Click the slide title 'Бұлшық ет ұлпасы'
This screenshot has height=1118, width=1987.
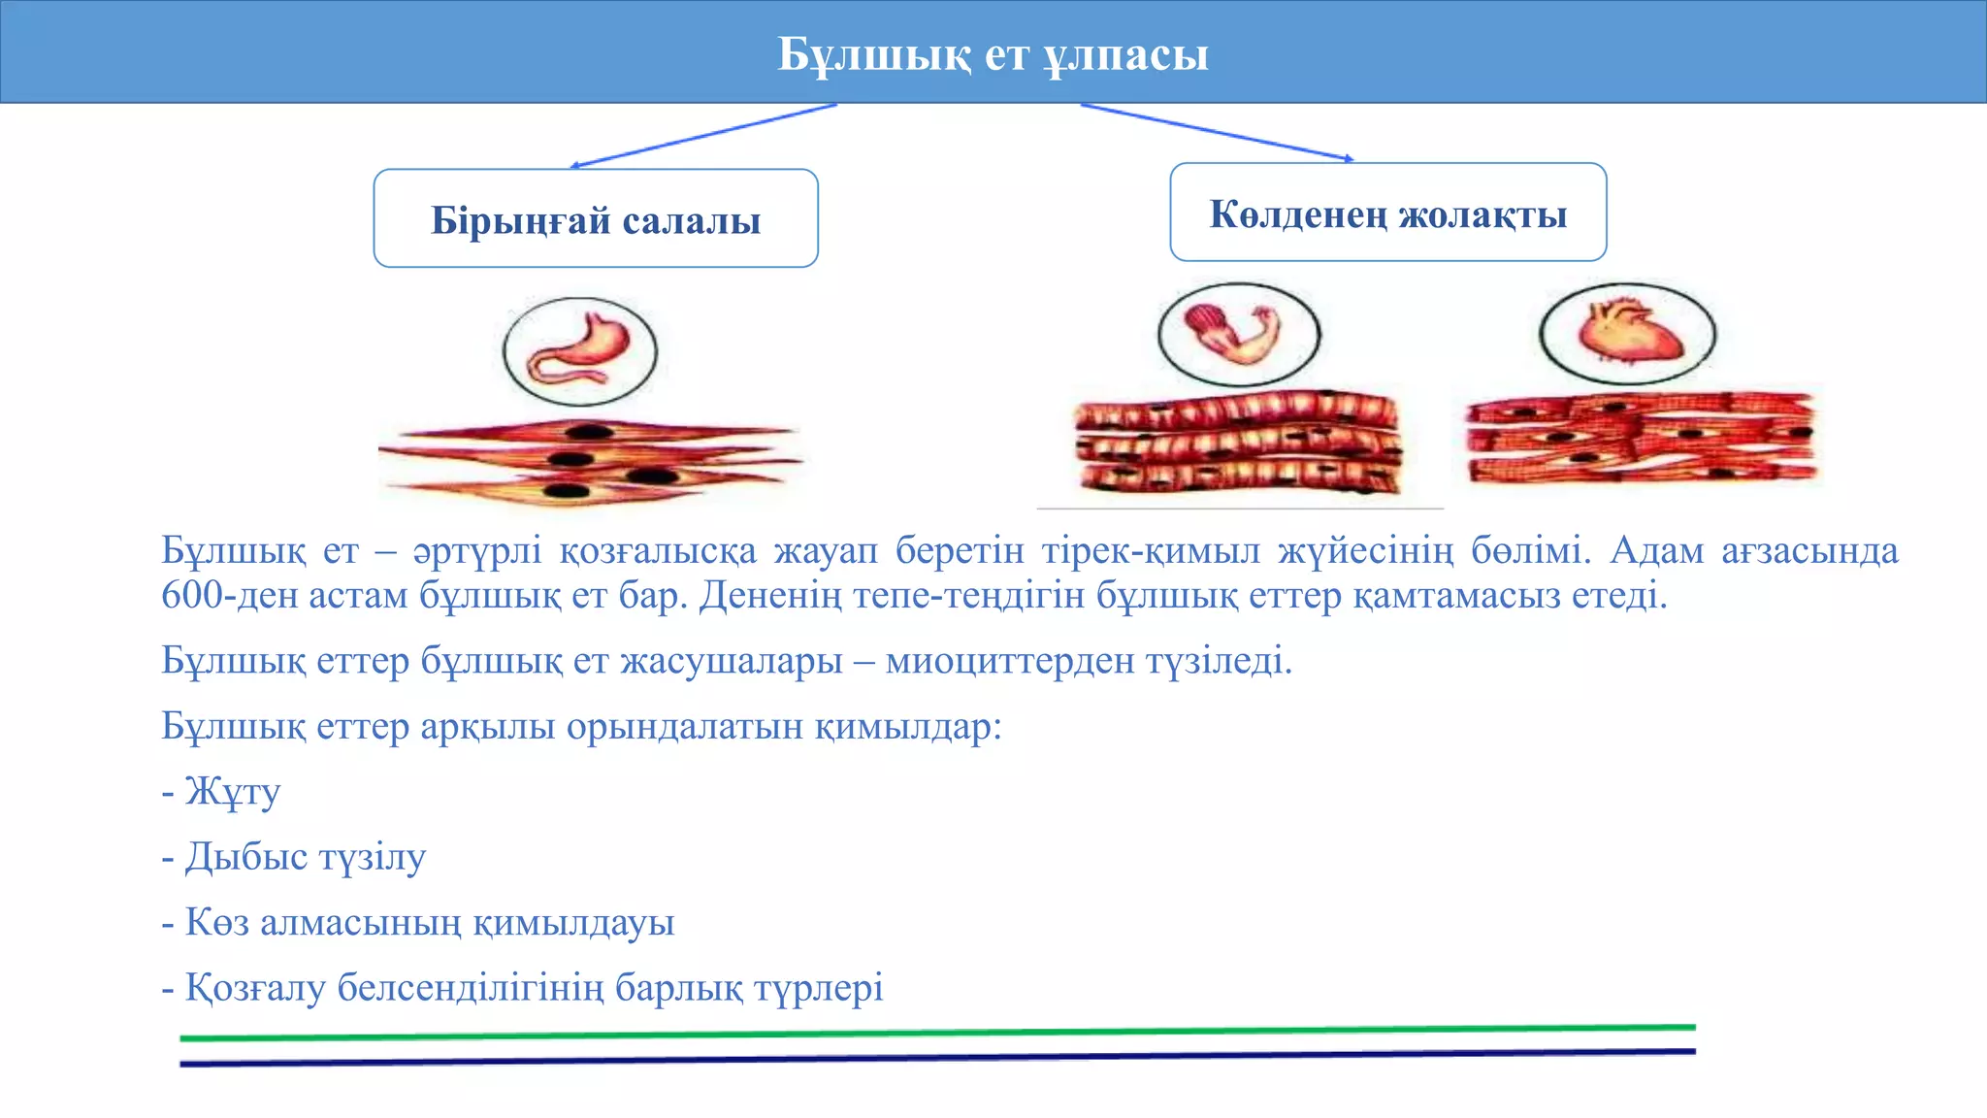[x=993, y=54]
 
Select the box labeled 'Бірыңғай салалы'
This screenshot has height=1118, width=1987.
[x=596, y=219]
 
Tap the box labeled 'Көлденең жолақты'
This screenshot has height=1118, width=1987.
[x=1387, y=214]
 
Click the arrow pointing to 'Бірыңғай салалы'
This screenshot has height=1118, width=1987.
[x=703, y=136]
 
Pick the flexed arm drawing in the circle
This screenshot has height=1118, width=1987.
[x=1239, y=333]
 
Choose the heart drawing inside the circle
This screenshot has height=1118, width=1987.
[x=1627, y=332]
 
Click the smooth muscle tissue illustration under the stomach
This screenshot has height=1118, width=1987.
[x=589, y=460]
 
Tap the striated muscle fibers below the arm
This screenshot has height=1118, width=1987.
[x=1238, y=443]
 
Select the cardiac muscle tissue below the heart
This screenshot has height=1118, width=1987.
[x=1640, y=438]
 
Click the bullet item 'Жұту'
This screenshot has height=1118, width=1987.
[x=233, y=791]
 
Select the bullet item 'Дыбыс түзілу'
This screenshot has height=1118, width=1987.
[x=305, y=857]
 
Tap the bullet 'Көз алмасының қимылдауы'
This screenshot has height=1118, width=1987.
[x=429, y=922]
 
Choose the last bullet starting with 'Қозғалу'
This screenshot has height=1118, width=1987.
[x=534, y=988]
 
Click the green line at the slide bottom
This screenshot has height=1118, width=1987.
[x=937, y=1033]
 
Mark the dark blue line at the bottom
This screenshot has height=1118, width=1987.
[x=937, y=1058]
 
